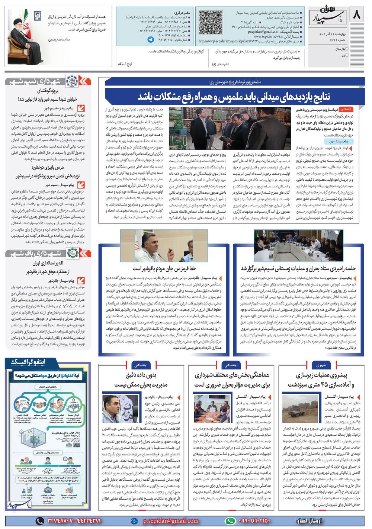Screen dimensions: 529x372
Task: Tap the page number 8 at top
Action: click(356, 15)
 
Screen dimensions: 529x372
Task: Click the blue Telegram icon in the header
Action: click(151, 39)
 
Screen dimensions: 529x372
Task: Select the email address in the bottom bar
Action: click(171, 521)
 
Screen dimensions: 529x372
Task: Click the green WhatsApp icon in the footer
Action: click(231, 521)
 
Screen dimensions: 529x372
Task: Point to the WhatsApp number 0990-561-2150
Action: click(255, 521)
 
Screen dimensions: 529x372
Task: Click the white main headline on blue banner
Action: click(234, 97)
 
